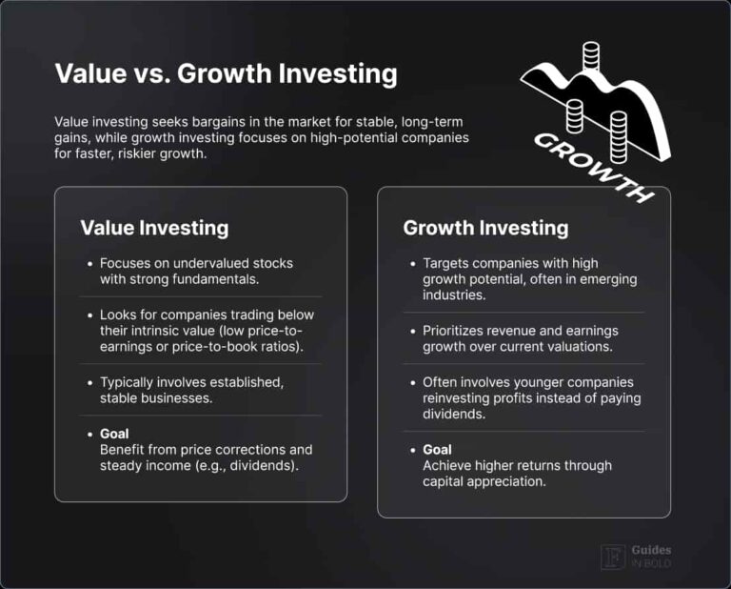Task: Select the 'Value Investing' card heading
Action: point(154,228)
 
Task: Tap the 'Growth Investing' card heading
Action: point(485,228)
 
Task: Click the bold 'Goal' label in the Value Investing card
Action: point(114,434)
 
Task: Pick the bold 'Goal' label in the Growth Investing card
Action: point(438,449)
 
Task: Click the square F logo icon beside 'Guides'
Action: point(611,557)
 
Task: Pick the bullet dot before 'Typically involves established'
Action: point(89,382)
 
